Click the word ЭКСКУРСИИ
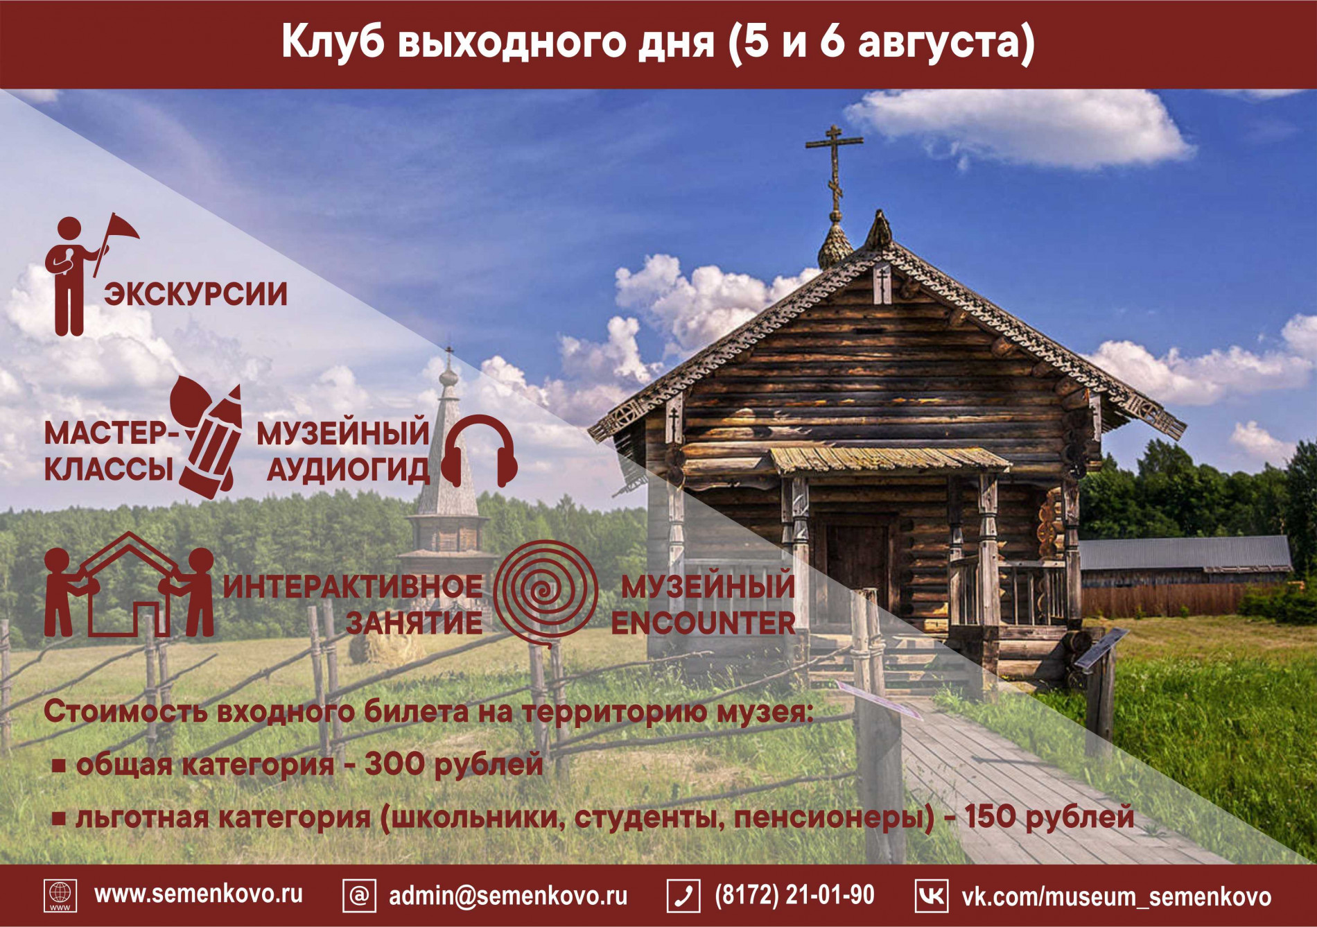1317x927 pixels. [x=195, y=294]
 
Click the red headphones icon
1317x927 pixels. [x=479, y=451]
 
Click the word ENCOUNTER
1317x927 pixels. [x=703, y=623]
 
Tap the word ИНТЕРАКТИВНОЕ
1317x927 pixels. [x=353, y=587]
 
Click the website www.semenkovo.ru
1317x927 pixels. [x=199, y=894]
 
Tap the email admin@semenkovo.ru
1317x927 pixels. [x=508, y=896]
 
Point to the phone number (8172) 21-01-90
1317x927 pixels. [x=794, y=895]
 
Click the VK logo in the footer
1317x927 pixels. [x=931, y=896]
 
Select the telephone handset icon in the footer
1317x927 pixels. [x=683, y=896]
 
